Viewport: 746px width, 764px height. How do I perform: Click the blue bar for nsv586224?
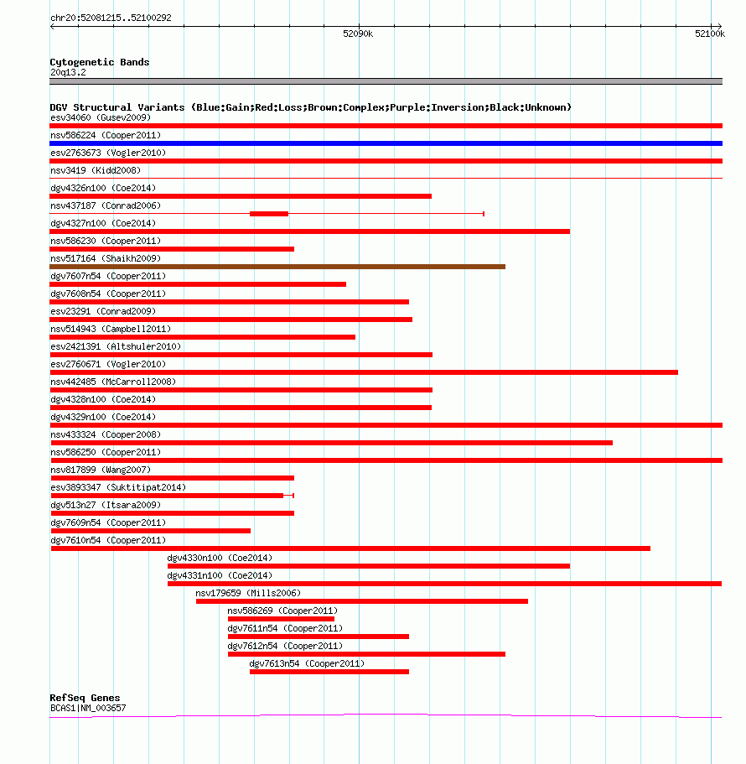pos(386,143)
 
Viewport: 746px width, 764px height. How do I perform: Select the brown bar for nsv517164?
pos(277,267)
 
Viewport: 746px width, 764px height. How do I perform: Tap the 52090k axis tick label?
pos(358,34)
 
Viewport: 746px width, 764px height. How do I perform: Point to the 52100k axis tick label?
pos(710,34)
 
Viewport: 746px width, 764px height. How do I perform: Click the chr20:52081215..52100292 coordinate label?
pos(111,18)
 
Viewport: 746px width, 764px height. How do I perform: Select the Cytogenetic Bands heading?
pos(100,62)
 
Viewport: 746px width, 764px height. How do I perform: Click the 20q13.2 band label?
pos(68,73)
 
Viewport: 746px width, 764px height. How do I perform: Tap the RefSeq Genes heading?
pos(85,698)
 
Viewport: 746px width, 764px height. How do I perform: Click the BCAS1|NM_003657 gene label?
pos(88,708)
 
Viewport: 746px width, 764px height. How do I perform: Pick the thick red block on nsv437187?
pos(269,214)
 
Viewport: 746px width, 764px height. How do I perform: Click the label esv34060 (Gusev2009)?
pos(101,117)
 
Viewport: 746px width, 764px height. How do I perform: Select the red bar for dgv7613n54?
pos(329,672)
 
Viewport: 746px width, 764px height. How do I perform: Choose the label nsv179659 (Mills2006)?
pos(248,593)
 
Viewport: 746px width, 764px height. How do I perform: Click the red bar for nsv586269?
pos(281,619)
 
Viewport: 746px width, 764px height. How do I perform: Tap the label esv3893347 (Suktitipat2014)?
pos(118,487)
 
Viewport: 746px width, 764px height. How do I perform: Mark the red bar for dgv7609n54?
pos(151,531)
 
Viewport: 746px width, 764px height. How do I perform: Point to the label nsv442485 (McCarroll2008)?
pos(113,382)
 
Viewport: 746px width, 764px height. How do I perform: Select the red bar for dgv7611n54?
pos(319,637)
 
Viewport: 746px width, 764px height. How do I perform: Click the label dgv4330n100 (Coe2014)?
pos(220,558)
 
